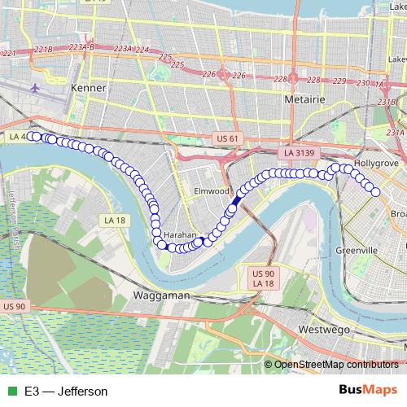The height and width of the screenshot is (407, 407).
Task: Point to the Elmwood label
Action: point(212,190)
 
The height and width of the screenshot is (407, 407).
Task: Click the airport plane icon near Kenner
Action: point(36,86)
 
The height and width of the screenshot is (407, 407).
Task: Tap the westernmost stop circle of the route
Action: point(32,136)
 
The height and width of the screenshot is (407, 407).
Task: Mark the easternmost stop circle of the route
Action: point(375,191)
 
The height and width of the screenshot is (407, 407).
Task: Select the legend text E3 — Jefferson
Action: point(66,392)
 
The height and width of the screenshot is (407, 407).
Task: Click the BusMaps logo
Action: point(366,391)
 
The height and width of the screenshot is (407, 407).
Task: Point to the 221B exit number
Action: point(44,50)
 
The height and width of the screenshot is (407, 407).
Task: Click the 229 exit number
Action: point(339,82)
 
